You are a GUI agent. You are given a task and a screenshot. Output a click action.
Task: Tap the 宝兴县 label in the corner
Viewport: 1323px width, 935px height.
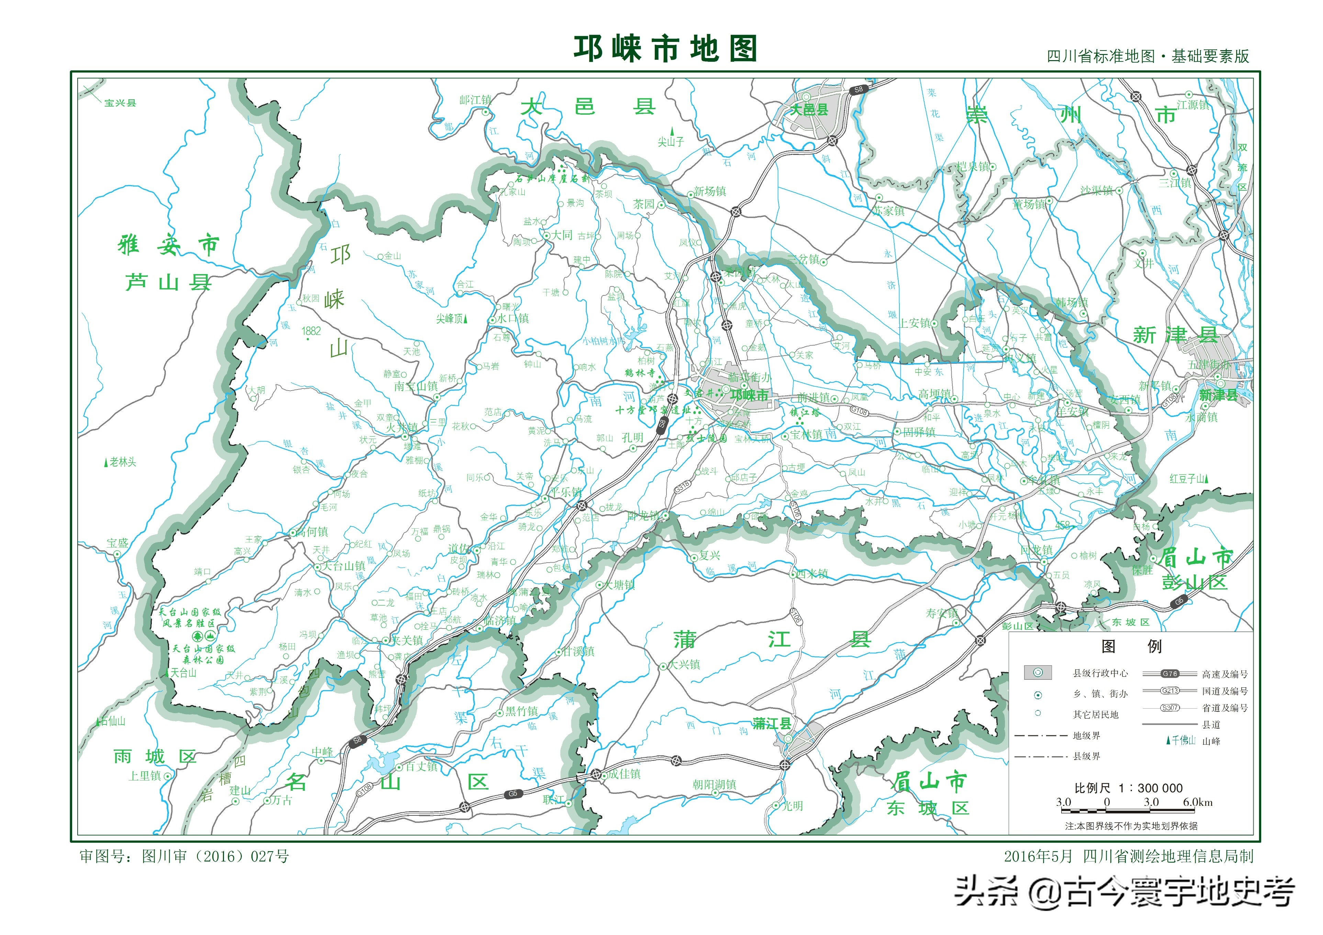[x=120, y=103]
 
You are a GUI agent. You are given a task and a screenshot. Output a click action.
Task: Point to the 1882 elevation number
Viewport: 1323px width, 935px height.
[x=311, y=331]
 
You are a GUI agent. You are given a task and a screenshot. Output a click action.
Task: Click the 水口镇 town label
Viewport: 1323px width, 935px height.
[x=513, y=318]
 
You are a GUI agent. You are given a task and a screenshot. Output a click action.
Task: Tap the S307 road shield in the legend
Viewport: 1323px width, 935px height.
[x=1170, y=708]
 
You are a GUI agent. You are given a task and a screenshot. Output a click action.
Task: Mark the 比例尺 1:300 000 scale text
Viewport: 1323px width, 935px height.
[x=1128, y=788]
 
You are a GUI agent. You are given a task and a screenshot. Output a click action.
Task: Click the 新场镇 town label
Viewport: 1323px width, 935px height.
[x=709, y=191]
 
